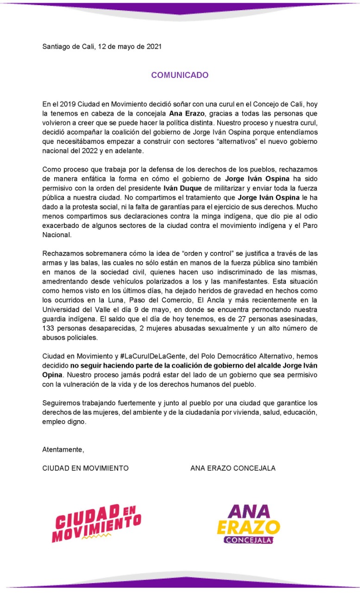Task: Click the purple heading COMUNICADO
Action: [x=180, y=75]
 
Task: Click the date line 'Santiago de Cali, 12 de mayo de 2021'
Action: [x=102, y=46]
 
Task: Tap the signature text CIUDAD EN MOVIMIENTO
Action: [x=85, y=468]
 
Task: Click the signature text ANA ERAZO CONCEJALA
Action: [x=233, y=468]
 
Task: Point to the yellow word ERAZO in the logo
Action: [x=248, y=527]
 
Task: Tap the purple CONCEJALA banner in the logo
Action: [x=248, y=540]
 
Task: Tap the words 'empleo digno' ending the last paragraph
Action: [x=64, y=422]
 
